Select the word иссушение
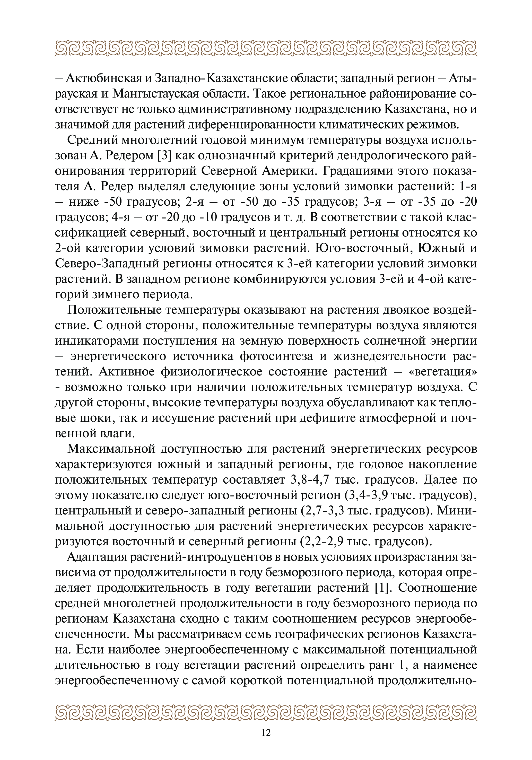tap(182, 418)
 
